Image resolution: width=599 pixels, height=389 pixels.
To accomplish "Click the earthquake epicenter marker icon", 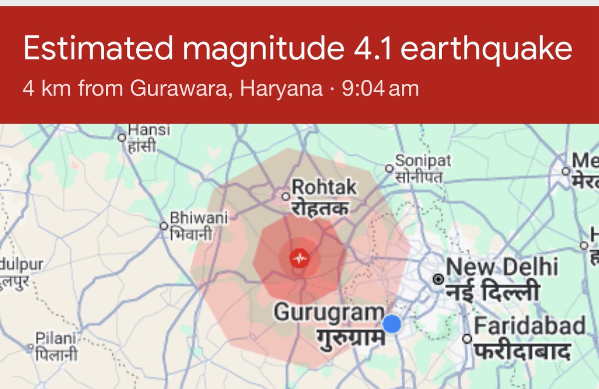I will (x=300, y=259).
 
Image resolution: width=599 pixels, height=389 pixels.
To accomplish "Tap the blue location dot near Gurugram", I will (x=392, y=324).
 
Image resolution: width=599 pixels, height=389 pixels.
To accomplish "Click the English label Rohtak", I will (x=324, y=188).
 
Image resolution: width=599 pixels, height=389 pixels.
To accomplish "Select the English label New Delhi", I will (x=502, y=268).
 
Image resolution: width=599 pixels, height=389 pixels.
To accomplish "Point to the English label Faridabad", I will (x=530, y=327).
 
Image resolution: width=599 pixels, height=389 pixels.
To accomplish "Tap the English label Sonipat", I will (x=423, y=161).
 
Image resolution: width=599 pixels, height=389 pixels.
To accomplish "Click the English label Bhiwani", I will (x=199, y=218).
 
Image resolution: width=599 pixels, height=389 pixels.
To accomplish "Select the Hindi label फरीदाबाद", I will (x=522, y=349).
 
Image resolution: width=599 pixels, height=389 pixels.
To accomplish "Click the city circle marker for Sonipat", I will (x=389, y=168).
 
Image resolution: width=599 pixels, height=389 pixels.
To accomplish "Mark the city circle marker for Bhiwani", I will (x=163, y=226).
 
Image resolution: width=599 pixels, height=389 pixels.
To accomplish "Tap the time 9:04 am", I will (x=380, y=89).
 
